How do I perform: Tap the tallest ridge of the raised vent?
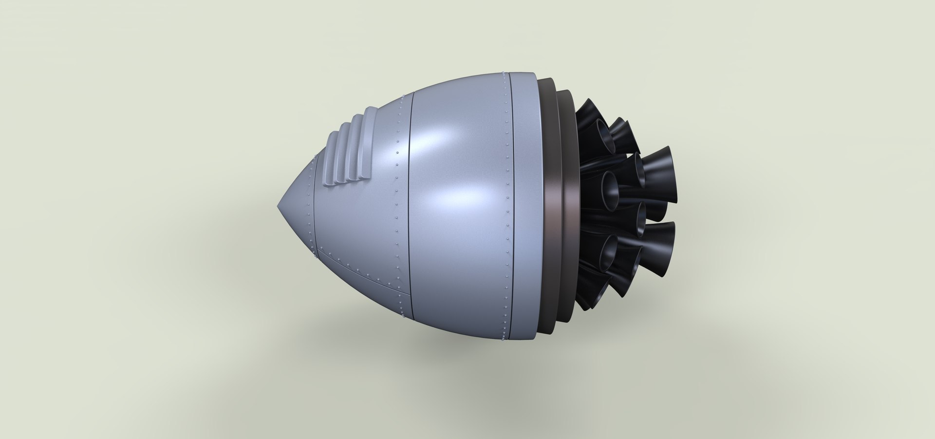370,146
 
